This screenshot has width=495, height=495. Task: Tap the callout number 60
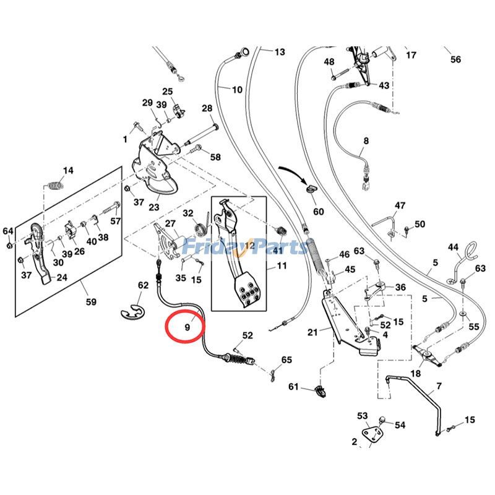coord(318,212)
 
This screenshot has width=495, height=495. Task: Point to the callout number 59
coord(91,303)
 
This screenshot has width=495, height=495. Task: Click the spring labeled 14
coord(57,184)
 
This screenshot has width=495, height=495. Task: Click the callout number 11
coord(282,267)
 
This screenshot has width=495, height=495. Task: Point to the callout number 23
coord(154,207)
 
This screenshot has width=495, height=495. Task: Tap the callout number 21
coord(312,332)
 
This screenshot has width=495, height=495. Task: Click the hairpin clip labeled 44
coord(471,252)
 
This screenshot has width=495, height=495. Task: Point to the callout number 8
coord(366,141)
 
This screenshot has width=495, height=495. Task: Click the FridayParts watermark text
coord(247,247)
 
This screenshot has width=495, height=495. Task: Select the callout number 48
coord(329,62)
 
